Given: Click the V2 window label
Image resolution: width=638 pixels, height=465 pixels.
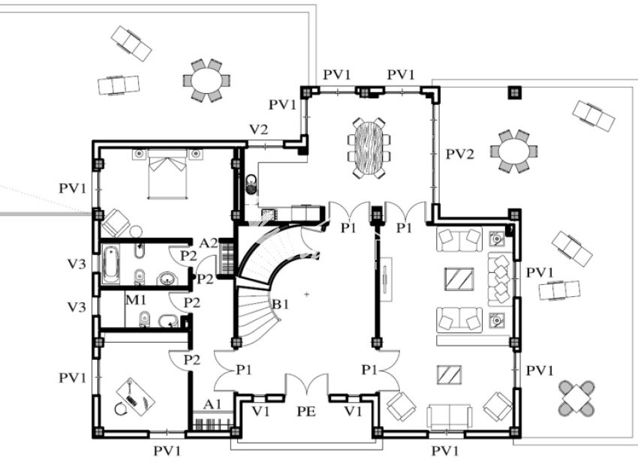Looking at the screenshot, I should pyautogui.click(x=258, y=130).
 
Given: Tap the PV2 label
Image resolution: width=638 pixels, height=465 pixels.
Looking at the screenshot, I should pyautogui.click(x=459, y=154).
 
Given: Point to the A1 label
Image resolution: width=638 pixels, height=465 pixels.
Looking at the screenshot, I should pyautogui.click(x=213, y=403).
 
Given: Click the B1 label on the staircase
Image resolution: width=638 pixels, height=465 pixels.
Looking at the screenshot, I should pyautogui.click(x=280, y=304).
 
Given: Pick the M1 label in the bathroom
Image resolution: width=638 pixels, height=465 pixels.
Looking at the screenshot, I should pyautogui.click(x=135, y=301).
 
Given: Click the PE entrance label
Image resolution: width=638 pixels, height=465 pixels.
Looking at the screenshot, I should pyautogui.click(x=306, y=411).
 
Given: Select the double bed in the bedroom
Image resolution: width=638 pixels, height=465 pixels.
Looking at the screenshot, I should pyautogui.click(x=167, y=173).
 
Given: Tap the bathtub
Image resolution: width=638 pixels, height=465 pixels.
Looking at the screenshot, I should pyautogui.click(x=111, y=264).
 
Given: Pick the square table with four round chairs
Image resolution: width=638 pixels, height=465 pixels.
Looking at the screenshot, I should pyautogui.click(x=576, y=398).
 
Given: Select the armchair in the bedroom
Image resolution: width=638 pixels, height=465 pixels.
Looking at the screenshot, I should pyautogui.click(x=116, y=222).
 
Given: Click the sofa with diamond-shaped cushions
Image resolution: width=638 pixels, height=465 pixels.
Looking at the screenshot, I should pyautogui.click(x=500, y=279).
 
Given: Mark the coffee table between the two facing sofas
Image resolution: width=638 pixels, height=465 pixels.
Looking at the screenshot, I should pyautogui.click(x=459, y=280).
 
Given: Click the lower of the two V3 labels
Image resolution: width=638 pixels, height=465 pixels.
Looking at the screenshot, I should pyautogui.click(x=76, y=307).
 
